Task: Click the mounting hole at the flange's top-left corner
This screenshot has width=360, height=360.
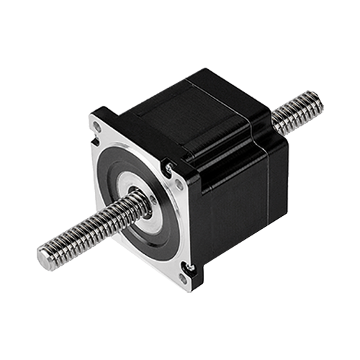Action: [x=96, y=127]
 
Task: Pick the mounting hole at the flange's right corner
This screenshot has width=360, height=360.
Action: [x=171, y=171]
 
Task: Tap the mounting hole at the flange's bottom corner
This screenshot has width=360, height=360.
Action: [x=189, y=271]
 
